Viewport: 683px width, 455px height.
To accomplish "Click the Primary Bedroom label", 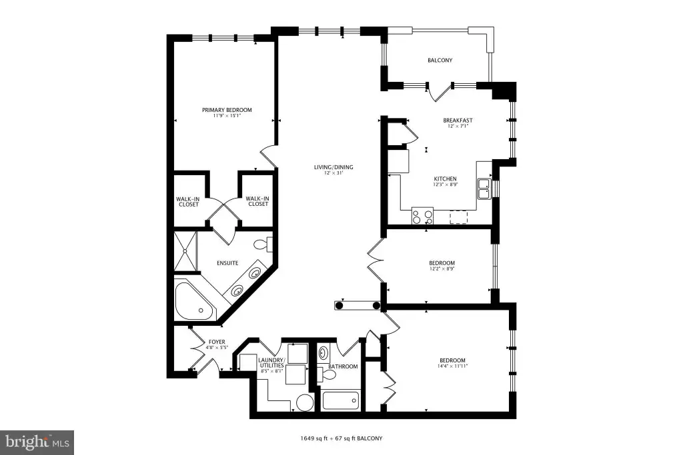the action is [x=227, y=110].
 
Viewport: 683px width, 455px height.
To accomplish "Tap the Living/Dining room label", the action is [x=333, y=167].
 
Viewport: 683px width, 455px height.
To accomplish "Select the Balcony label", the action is [x=440, y=61].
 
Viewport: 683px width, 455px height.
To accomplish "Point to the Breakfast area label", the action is [x=458, y=121].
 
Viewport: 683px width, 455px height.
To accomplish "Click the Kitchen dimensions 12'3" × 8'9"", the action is [x=445, y=185].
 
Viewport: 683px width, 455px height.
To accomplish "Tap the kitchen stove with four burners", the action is [x=422, y=217].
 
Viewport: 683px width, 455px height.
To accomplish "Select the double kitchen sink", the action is [x=484, y=189].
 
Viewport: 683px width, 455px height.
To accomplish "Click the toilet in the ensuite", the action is [x=263, y=244].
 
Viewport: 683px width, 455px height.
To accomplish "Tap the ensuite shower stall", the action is [x=185, y=252].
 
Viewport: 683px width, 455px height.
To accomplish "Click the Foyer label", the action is [x=217, y=342].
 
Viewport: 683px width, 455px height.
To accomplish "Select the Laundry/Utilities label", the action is [x=271, y=363].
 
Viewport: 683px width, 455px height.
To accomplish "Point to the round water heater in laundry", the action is [x=305, y=402].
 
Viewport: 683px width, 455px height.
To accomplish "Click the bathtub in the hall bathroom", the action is [x=341, y=400].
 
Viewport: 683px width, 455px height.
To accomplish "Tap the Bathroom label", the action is [x=343, y=366].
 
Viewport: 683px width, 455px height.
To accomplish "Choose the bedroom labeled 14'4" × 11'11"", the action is [x=452, y=363].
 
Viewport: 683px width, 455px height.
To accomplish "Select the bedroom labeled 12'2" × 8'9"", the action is [x=442, y=266].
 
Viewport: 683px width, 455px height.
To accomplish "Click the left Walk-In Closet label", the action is [x=188, y=202].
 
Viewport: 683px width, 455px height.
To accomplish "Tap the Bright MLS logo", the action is [x=37, y=443].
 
